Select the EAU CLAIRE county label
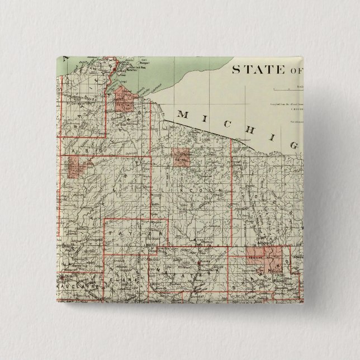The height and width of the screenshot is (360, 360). (x=78, y=287)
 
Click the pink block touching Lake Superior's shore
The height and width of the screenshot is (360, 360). (x=126, y=101)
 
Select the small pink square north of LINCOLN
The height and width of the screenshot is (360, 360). (x=181, y=157)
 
